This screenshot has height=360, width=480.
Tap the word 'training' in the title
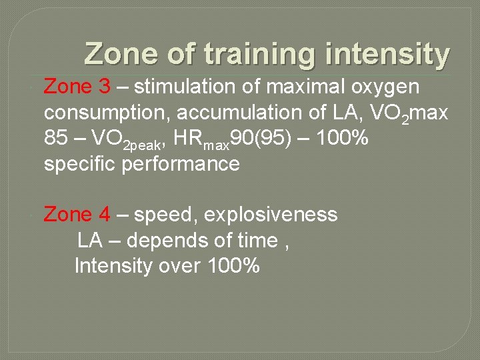(262, 54)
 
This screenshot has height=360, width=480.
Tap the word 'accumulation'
(225, 113)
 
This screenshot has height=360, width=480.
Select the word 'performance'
(180, 165)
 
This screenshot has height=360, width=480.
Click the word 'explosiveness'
(269, 215)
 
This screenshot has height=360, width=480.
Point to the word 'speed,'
(161, 216)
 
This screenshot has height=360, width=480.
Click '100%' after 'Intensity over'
(233, 267)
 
